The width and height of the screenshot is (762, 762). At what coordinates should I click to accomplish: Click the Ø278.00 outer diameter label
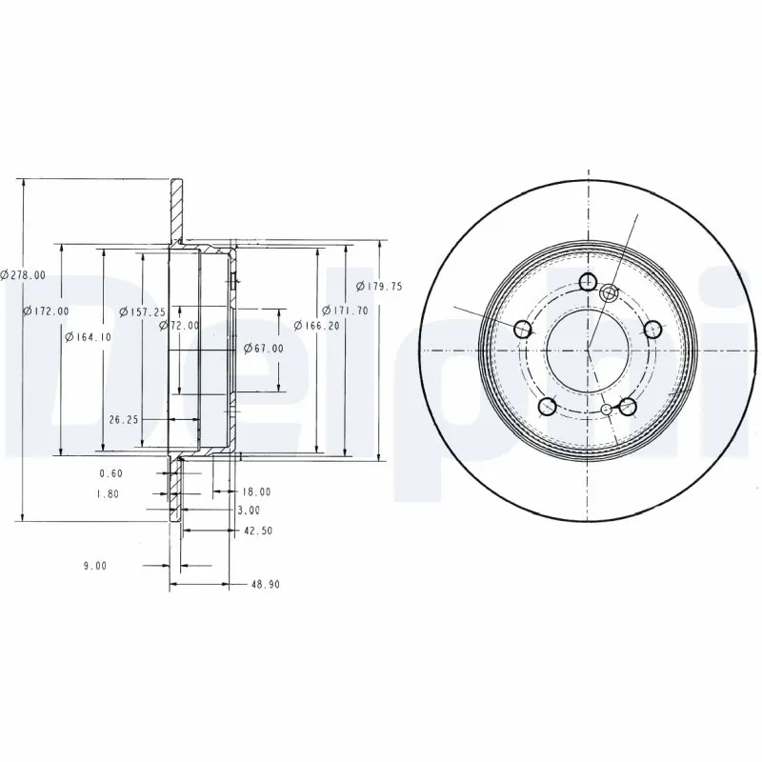pos(23,274)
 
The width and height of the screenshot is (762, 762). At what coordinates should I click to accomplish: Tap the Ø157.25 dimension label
pos(142,311)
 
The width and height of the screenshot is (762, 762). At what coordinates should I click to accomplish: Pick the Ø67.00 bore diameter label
pos(263,349)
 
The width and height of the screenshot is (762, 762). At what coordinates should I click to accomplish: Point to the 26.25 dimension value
pos(125,418)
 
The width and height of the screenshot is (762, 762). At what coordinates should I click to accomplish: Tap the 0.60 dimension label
pos(112,473)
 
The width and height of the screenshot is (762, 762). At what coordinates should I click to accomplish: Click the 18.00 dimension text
pos(256,491)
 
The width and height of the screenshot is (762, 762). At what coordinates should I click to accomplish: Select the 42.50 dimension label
pos(258,531)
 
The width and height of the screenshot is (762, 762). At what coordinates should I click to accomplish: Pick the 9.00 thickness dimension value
pos(94,565)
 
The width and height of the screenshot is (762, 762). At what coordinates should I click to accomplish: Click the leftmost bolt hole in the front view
pos(523,330)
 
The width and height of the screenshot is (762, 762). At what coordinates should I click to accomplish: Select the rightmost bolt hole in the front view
pos(652,330)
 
